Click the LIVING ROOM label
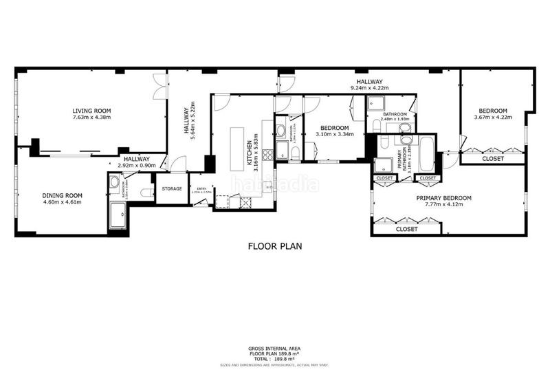[x=91, y=111]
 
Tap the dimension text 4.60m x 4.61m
[x=63, y=203]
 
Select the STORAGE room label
[x=172, y=189]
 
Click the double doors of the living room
[x=160, y=87]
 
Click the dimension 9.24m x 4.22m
[x=369, y=88]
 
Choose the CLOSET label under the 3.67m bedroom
[x=492, y=159]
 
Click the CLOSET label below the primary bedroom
[x=406, y=230]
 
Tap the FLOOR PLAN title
[x=275, y=245]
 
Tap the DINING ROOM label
[x=63, y=196]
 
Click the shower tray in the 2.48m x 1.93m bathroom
[x=377, y=103]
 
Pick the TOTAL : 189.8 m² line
[x=274, y=358]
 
